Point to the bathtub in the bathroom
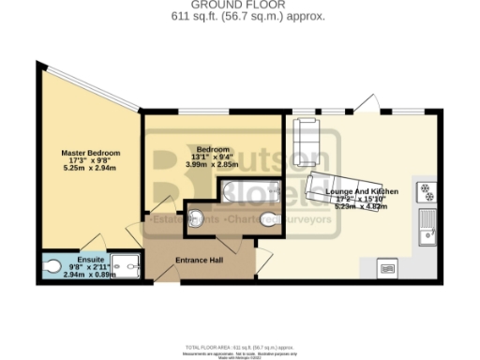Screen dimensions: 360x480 [x=246, y=192]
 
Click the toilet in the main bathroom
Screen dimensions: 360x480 [x=196, y=219]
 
